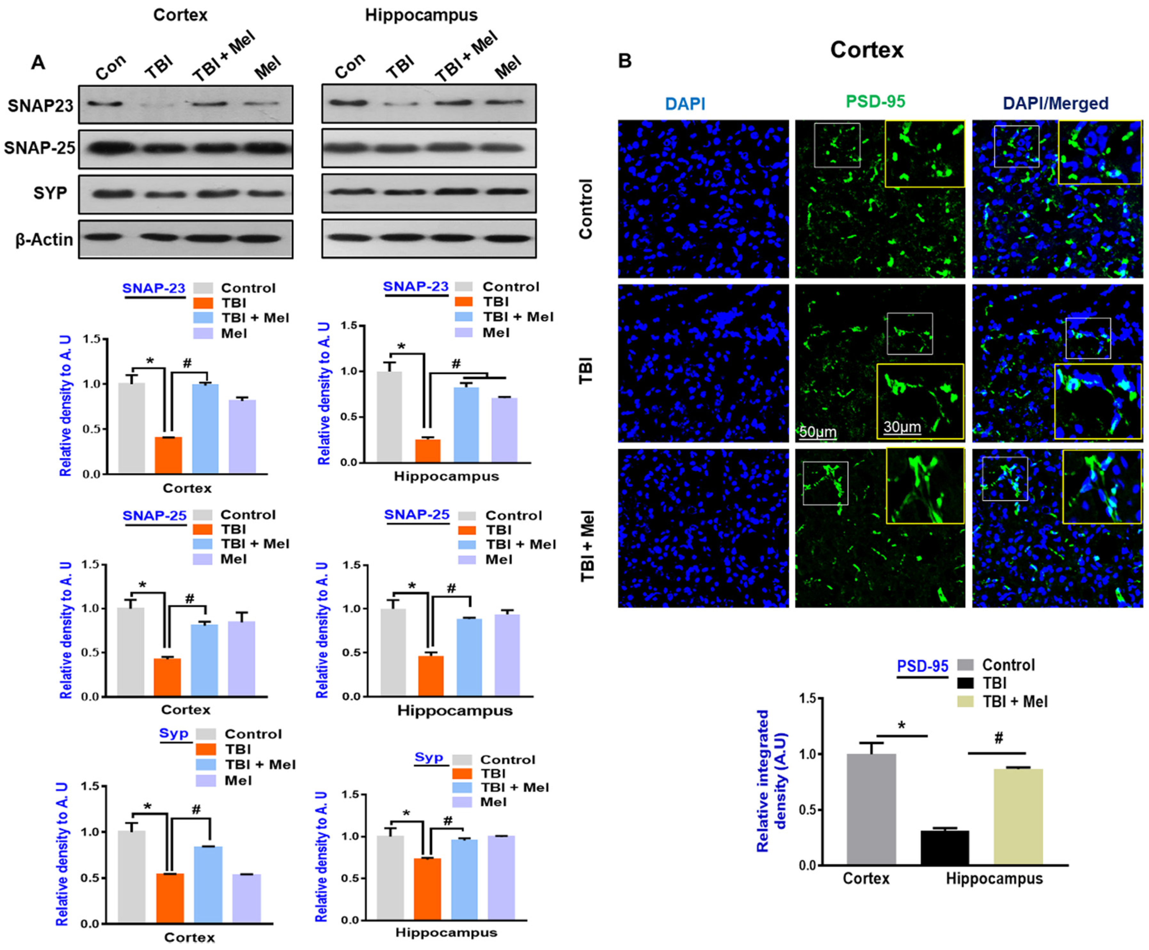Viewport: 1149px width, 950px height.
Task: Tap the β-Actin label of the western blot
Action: [44, 240]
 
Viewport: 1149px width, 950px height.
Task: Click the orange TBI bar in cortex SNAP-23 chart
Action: [169, 455]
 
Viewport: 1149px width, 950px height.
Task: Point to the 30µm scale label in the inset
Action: [902, 427]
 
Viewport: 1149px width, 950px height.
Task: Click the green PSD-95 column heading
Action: [875, 102]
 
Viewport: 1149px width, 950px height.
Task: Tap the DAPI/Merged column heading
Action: [1056, 103]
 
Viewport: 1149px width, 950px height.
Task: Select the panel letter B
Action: [624, 61]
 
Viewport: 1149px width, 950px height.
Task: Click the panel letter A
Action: [38, 62]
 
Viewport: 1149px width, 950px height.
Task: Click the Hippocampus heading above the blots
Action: [421, 15]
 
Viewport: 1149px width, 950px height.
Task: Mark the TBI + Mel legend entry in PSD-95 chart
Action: [1014, 702]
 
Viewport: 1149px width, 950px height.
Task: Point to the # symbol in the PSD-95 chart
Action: [998, 738]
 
